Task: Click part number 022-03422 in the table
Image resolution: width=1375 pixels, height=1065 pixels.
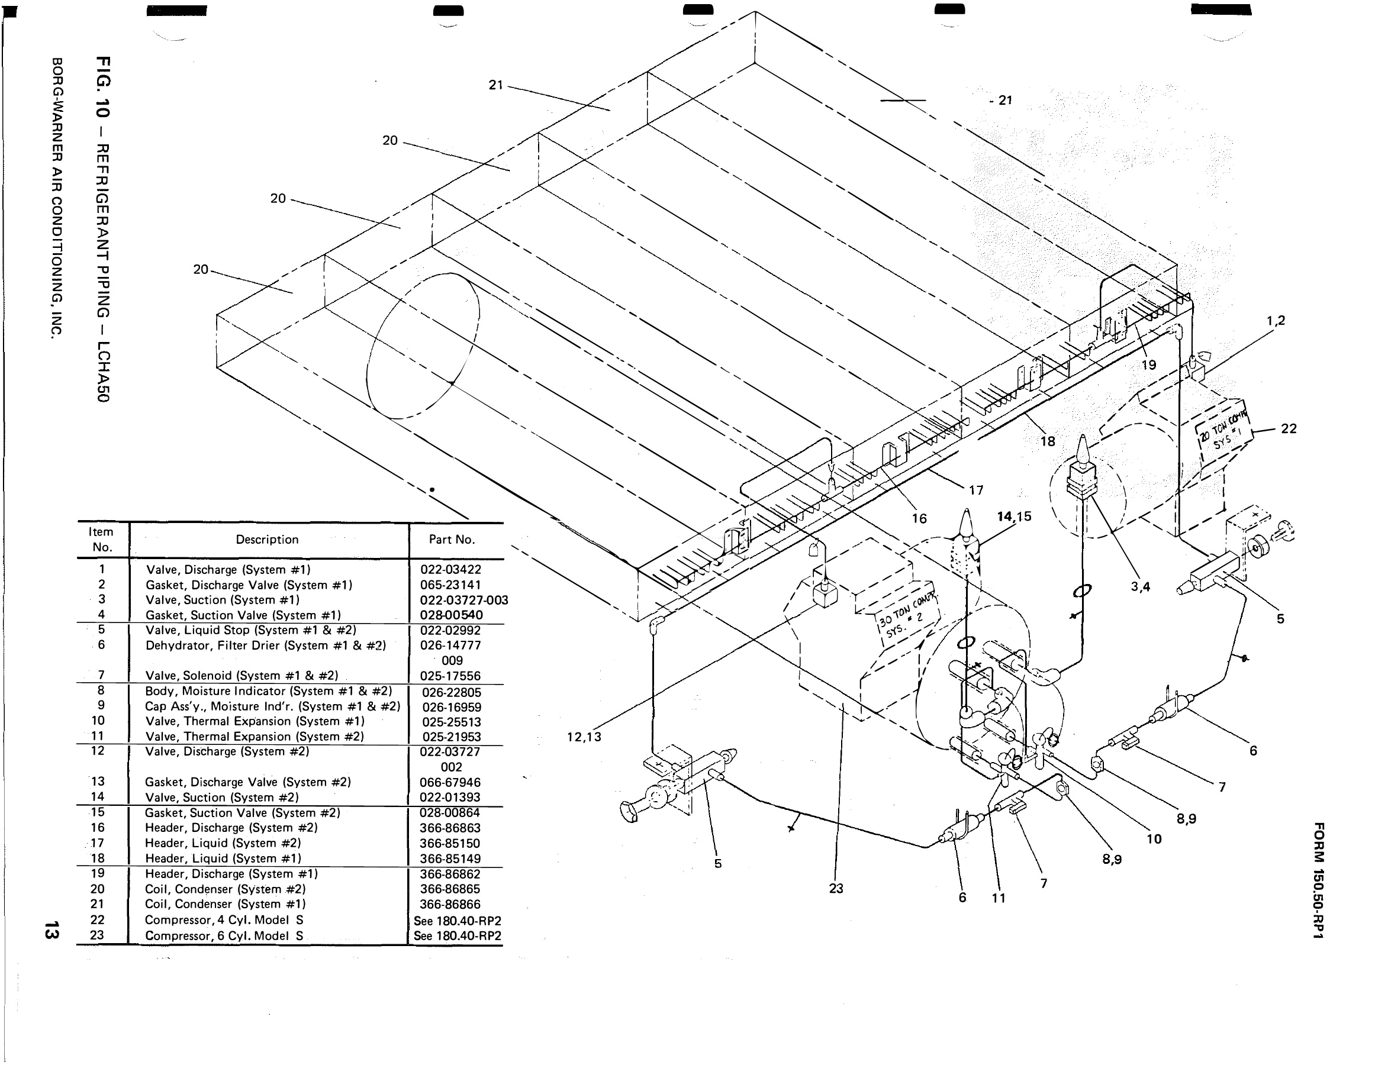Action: click(x=450, y=569)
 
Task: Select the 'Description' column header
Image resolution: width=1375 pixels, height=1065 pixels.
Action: click(x=267, y=540)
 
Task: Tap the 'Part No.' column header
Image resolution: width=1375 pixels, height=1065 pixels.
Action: click(x=452, y=540)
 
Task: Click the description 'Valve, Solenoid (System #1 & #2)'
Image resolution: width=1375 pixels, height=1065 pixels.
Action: click(x=241, y=675)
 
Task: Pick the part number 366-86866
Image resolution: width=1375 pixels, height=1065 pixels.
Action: click(x=450, y=905)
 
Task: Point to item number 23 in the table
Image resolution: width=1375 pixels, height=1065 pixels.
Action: click(x=97, y=935)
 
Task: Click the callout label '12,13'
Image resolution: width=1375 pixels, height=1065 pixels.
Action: click(x=584, y=737)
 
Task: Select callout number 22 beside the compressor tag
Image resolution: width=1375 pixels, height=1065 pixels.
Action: click(x=1288, y=428)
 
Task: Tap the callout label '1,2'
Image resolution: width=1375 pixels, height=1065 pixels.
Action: click(x=1276, y=320)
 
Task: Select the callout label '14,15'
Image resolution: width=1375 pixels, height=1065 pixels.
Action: click(x=1015, y=517)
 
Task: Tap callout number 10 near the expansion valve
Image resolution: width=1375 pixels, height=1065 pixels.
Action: click(x=1154, y=839)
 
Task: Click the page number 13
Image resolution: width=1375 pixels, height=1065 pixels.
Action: click(x=51, y=930)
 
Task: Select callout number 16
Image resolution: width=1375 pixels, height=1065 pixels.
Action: click(x=919, y=519)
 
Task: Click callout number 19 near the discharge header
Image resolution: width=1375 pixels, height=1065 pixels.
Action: click(x=1148, y=365)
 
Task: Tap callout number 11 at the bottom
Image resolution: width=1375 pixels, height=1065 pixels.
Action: click(x=999, y=898)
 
